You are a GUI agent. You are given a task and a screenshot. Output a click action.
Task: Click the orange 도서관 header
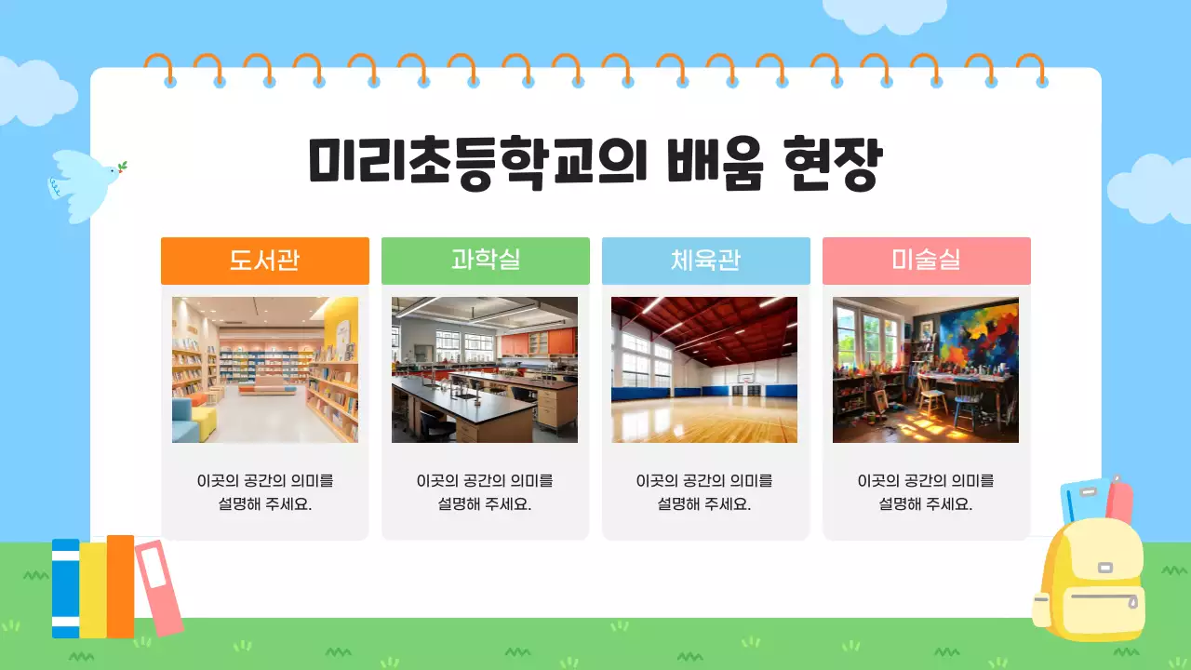[264, 261]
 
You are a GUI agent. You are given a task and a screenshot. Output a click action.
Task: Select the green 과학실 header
[485, 261]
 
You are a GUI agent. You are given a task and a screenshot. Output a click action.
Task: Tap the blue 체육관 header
[705, 261]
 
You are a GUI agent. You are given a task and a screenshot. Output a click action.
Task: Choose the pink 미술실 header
[926, 261]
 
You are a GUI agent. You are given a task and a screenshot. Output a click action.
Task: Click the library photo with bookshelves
[265, 369]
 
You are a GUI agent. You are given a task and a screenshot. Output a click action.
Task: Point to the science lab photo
[485, 369]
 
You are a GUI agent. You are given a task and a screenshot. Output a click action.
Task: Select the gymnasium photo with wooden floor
[704, 369]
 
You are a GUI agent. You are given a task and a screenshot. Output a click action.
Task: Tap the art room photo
[925, 369]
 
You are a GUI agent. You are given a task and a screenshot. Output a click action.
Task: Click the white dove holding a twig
[86, 181]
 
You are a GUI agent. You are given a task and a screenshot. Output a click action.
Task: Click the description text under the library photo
[265, 492]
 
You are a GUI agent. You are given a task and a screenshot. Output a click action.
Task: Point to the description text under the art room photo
[926, 492]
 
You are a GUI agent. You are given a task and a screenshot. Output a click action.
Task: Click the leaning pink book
[158, 587]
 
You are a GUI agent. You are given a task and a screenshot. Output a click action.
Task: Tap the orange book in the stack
[120, 586]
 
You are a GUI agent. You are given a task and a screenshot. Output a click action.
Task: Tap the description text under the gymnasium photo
[704, 492]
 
